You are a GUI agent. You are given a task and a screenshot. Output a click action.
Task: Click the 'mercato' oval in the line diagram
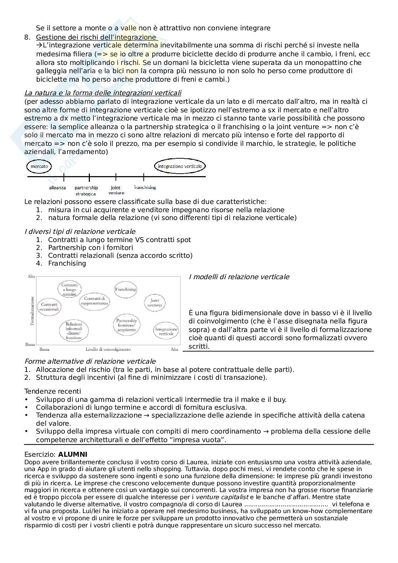pos(39,166)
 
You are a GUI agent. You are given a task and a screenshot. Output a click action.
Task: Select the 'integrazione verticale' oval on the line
pos(180,166)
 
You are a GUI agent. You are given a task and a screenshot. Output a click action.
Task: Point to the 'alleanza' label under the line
pos(57,188)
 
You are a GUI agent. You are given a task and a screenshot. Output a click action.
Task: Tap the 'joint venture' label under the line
pos(116,190)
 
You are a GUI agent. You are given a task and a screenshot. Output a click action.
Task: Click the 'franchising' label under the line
pos(145,187)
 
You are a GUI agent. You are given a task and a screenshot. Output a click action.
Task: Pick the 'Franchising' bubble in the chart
pos(126,290)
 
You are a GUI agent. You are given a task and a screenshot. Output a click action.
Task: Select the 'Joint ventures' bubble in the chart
pos(155,302)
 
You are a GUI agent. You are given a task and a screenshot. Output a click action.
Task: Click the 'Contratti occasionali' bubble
pos(49,307)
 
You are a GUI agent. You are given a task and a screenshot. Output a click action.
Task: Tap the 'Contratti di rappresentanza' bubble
pos(95,301)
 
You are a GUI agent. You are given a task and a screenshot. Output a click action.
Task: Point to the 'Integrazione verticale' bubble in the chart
pos(166,331)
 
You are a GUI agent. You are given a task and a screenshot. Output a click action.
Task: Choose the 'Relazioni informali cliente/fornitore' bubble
pos(74,331)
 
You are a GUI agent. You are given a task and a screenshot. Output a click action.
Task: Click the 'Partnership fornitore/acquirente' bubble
pos(127,325)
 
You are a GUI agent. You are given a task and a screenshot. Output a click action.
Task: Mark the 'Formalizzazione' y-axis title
pos(32,311)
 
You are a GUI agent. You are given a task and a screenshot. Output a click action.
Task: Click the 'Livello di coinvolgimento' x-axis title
pos(108,349)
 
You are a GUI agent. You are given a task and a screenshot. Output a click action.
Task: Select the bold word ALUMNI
pos(73,455)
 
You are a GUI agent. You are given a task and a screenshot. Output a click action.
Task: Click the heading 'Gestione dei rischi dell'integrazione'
pos(96,37)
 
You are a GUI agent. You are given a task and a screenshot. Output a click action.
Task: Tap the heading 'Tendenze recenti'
pos(52,391)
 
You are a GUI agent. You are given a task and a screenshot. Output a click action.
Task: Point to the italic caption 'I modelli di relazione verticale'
pos(239,277)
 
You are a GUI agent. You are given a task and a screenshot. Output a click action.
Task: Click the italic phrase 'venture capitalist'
pos(222,497)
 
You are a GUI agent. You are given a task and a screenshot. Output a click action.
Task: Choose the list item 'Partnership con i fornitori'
pos(91,247)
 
